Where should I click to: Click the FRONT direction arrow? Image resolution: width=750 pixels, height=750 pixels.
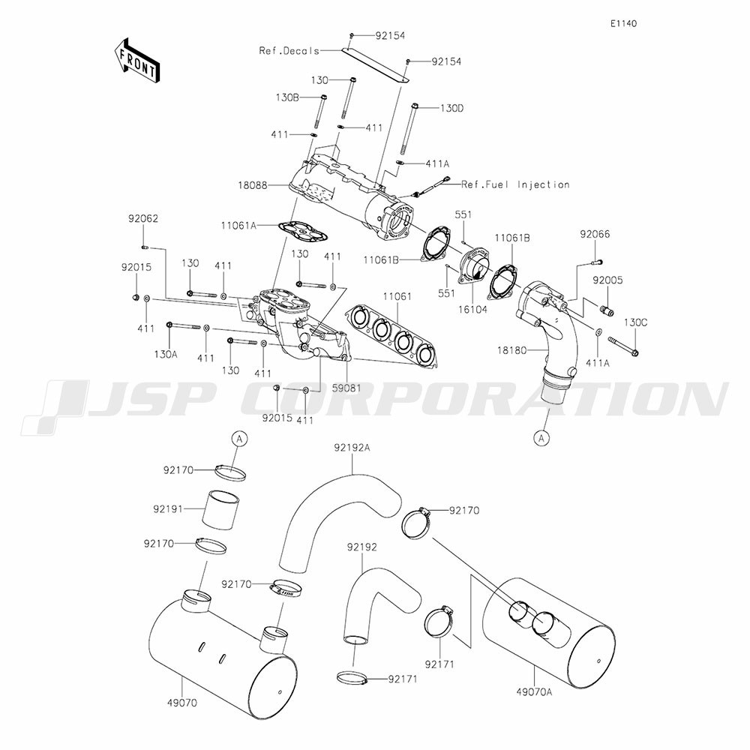[136, 60]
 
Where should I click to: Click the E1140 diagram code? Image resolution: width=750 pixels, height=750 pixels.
[623, 23]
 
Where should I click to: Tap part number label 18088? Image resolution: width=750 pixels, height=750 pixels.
[253, 185]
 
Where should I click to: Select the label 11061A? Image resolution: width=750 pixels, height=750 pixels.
[238, 224]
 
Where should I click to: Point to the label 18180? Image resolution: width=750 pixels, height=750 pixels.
[511, 350]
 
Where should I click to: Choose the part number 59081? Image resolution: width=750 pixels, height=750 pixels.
[346, 388]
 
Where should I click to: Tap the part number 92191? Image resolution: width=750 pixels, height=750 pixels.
[168, 509]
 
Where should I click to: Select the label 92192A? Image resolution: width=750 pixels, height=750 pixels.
[352, 448]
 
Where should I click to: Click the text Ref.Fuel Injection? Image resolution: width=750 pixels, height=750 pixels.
[515, 184]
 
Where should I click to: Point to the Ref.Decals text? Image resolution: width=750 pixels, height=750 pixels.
[289, 51]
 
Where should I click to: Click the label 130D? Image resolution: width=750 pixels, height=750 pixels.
[452, 108]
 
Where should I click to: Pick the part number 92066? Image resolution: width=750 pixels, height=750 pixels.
[595, 234]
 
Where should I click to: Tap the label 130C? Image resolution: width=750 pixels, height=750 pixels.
[635, 322]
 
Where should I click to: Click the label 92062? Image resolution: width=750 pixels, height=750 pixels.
[143, 218]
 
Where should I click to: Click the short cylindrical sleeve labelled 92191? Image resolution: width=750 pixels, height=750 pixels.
[220, 511]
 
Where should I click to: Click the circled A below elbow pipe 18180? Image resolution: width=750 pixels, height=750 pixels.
[541, 438]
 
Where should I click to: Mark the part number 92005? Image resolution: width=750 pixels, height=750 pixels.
[608, 280]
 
